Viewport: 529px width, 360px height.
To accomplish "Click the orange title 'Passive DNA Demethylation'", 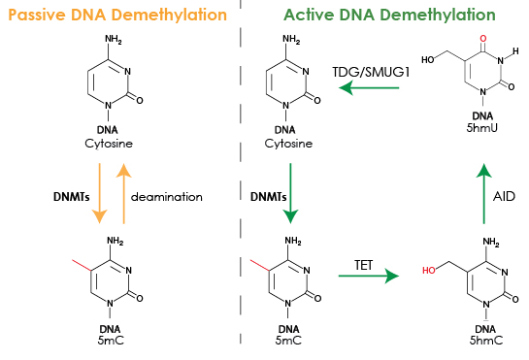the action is click(117, 15).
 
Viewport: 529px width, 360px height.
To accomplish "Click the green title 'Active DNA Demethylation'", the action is click(389, 15).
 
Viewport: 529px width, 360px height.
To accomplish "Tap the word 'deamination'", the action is click(167, 197).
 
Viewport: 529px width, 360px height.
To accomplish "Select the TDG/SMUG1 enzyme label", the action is click(371, 72).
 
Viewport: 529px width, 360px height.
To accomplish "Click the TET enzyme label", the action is click(364, 265).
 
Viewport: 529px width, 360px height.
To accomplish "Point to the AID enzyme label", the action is click(504, 196).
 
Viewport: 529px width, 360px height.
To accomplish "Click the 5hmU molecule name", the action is click(482, 128).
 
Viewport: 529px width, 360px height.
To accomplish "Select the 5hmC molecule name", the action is click(486, 340).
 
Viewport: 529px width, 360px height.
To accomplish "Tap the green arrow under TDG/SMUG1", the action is click(369, 88).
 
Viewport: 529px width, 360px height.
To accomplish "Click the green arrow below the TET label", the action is click(369, 276).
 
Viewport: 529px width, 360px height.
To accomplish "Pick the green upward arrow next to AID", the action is click(484, 194).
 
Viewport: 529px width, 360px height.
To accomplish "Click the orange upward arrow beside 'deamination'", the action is click(124, 194).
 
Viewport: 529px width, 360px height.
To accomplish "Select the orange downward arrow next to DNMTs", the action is click(100, 194).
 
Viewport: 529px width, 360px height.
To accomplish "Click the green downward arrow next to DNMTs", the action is click(290, 194).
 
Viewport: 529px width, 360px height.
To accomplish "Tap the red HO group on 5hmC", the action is click(429, 271).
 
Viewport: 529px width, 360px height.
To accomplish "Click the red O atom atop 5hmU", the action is click(483, 39).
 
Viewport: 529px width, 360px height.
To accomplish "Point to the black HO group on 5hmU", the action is click(428, 60).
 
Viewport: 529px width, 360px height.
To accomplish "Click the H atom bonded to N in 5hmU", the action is click(515, 51).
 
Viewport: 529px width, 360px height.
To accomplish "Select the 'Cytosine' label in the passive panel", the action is click(109, 144).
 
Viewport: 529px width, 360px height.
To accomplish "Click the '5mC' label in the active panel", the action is click(288, 340).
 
